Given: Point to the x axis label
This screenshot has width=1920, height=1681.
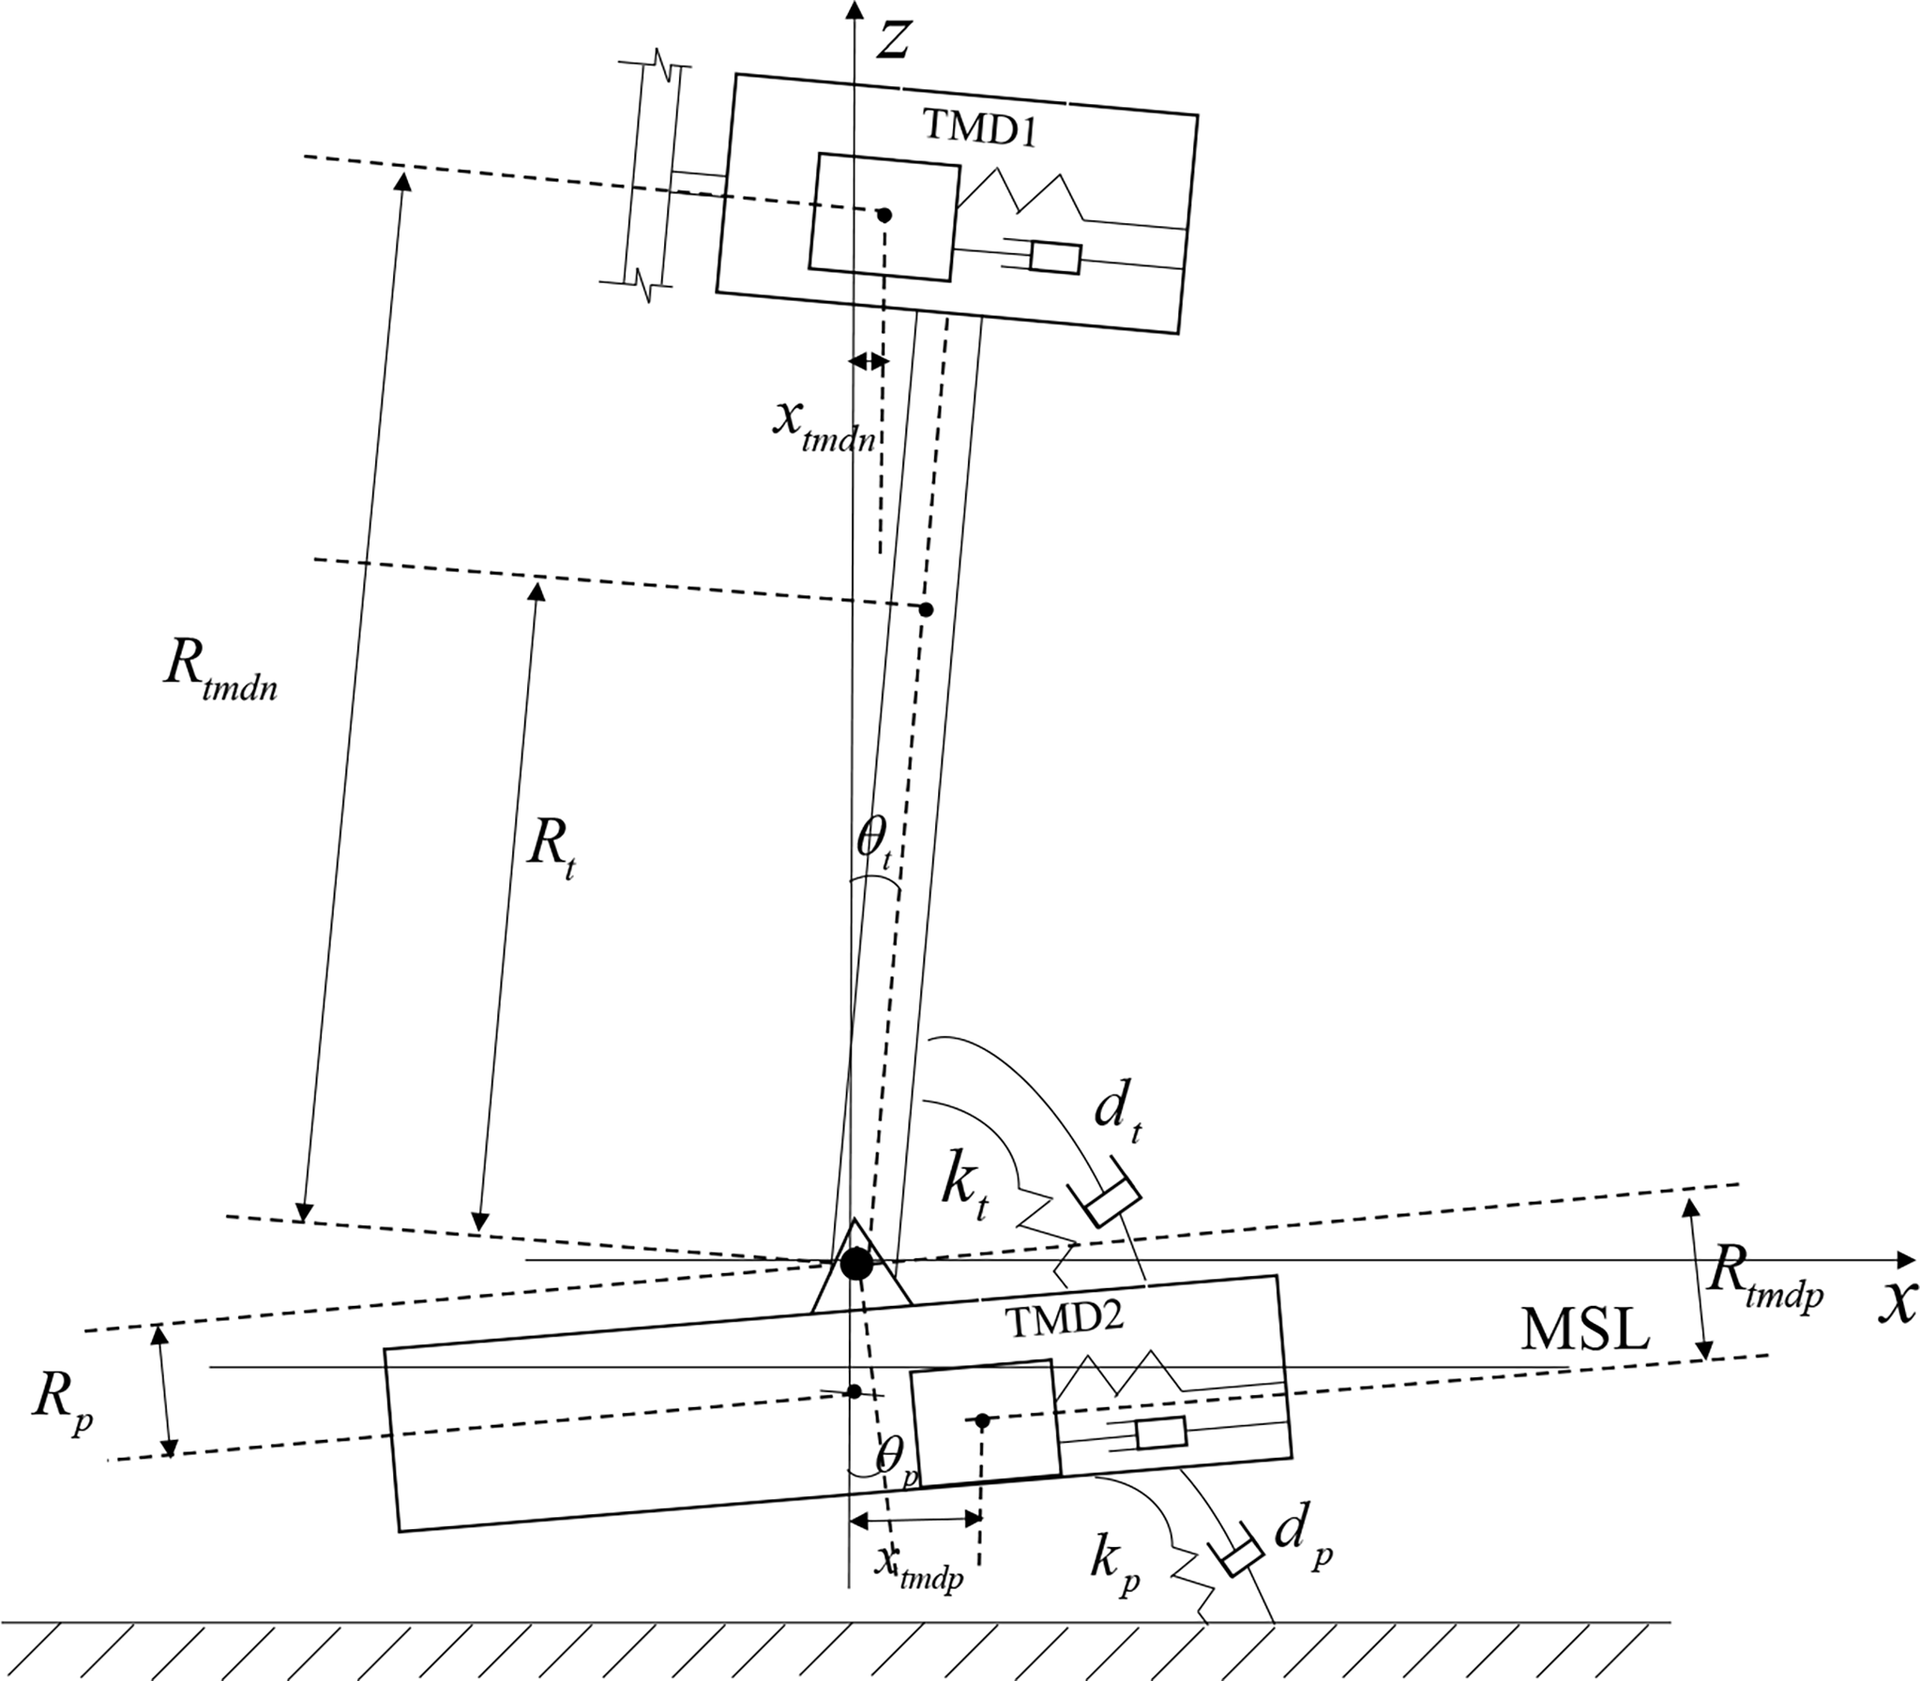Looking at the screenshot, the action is [x=1897, y=1301].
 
